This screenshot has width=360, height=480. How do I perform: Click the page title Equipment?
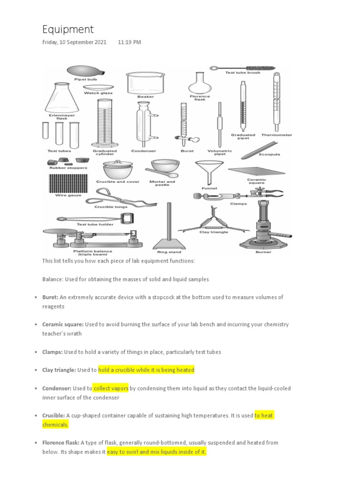pyautogui.click(x=68, y=30)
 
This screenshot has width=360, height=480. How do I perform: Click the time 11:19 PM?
pyautogui.click(x=129, y=42)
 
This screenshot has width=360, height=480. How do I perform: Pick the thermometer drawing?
pyautogui.click(x=276, y=101)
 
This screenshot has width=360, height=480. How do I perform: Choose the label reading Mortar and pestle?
pyautogui.click(x=162, y=183)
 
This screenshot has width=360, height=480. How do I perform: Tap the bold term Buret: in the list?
pyautogui.click(x=51, y=297)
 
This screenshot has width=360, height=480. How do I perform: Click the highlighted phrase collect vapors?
pyautogui.click(x=111, y=389)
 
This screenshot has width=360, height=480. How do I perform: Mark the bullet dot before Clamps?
pyautogui.click(x=36, y=352)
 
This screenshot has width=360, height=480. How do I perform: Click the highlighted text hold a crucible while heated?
pyautogui.click(x=146, y=370)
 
